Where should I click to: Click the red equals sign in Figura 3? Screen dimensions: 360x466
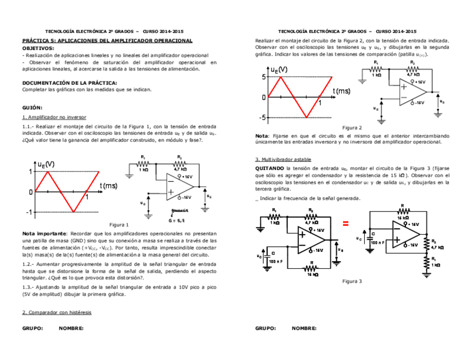(346, 223)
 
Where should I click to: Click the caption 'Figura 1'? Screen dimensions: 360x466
(119, 225)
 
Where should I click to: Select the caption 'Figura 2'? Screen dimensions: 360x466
(352, 127)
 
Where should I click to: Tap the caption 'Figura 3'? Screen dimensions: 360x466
(352, 281)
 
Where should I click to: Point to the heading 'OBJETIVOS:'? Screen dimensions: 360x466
(38, 48)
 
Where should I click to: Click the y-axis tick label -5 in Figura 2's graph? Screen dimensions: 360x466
(263, 118)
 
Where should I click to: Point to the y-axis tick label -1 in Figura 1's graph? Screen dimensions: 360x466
(29, 212)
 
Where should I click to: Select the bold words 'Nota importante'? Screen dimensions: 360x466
(44, 234)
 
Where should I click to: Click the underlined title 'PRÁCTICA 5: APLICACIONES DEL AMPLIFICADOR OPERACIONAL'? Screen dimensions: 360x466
(107, 41)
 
